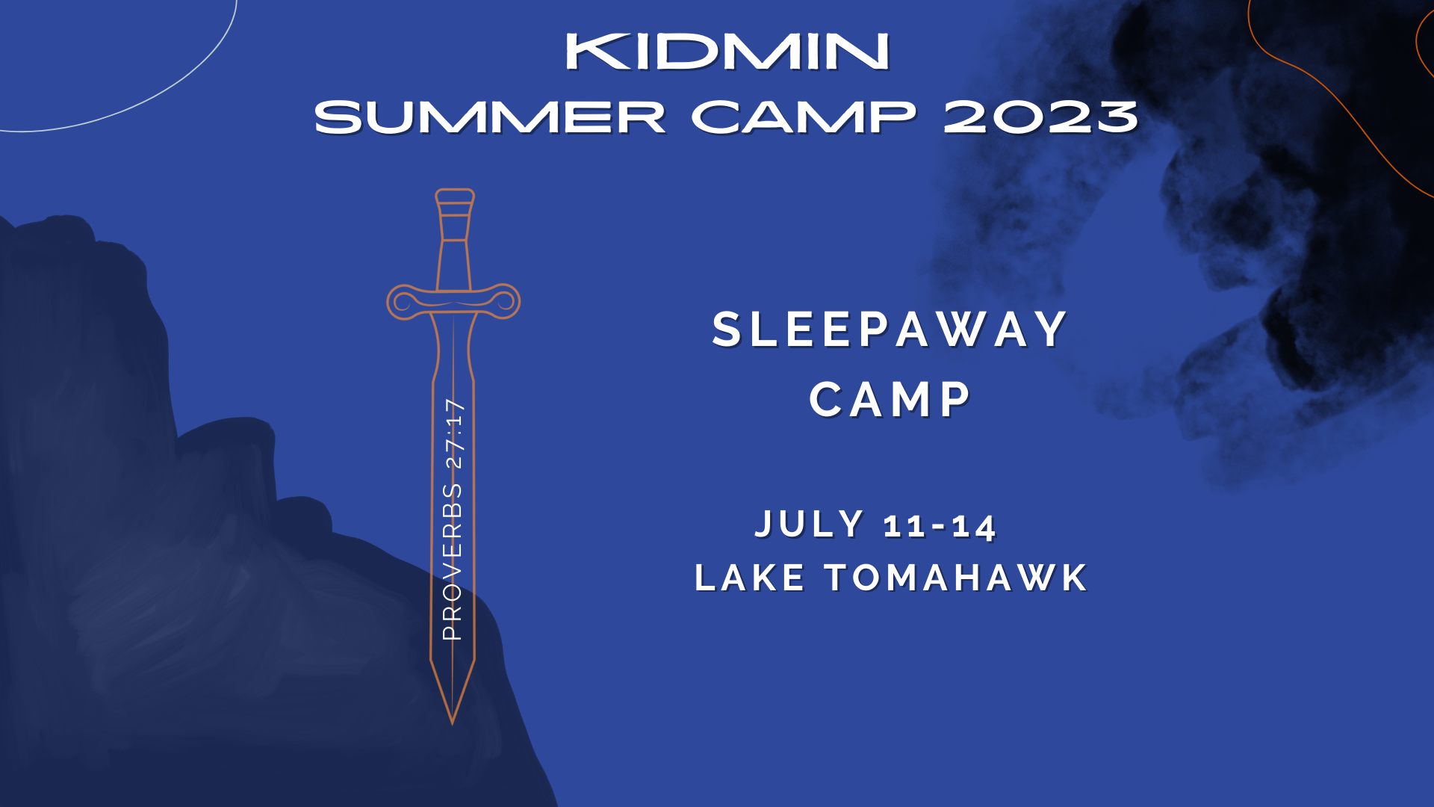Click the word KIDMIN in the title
coord(727,52)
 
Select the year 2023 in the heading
coord(1040,118)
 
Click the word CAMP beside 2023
coord(804,118)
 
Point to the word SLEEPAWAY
coord(890,330)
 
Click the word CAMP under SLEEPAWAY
coord(890,399)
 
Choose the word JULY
coord(810,525)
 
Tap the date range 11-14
coord(940,526)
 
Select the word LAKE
coord(750,578)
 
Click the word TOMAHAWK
coord(956,578)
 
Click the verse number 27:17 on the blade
coord(454,433)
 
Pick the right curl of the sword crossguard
coord(505,301)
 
